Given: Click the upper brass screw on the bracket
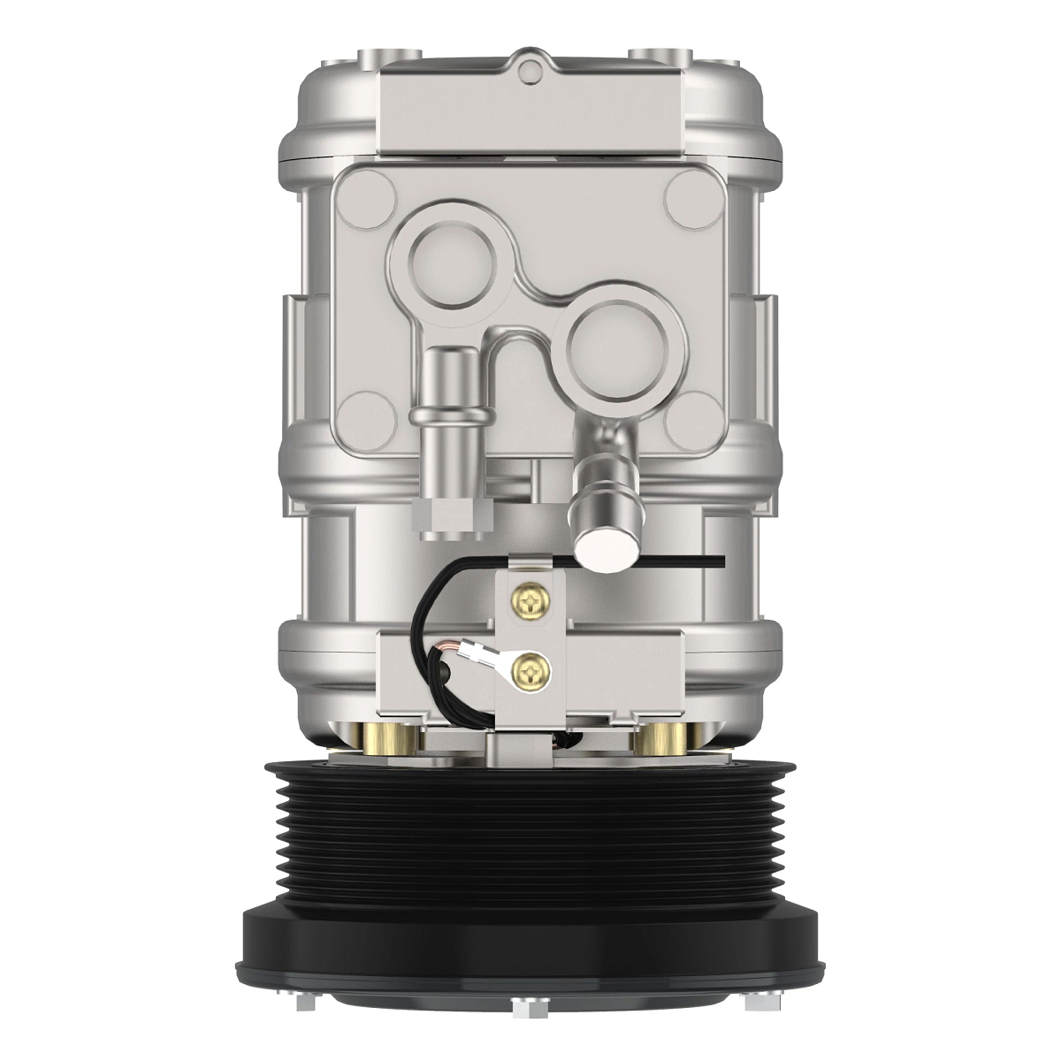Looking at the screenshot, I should point(530,602).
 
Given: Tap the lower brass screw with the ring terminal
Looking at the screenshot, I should point(530,673).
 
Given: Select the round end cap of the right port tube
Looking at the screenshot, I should point(605,546).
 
